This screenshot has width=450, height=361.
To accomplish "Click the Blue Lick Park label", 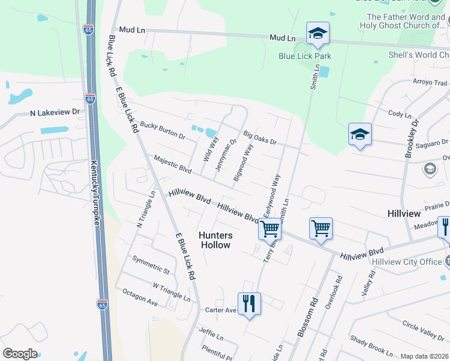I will [305, 56].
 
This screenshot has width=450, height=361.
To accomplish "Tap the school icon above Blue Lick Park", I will [317, 34].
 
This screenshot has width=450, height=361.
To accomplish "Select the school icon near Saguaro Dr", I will [360, 134].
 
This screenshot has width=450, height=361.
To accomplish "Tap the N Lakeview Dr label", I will [55, 112].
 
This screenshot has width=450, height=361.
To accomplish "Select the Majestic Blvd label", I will [172, 165].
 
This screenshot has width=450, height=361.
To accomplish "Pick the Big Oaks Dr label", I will [259, 138].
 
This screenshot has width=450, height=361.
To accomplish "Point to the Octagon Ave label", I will [140, 297].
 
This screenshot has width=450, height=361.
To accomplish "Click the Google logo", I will [20, 354].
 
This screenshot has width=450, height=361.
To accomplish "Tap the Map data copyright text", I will [425, 356].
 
